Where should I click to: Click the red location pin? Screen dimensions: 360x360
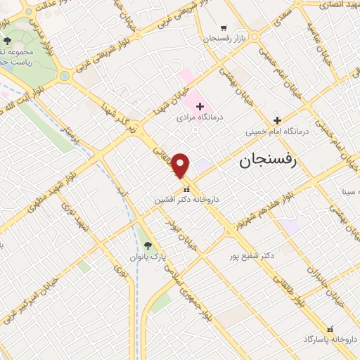181,165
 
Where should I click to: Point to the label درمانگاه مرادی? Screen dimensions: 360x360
200,118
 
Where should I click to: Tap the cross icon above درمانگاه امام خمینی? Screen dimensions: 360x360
278,120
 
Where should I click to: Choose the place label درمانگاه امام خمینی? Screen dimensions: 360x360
278,131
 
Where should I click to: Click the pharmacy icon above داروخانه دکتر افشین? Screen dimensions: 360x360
186,189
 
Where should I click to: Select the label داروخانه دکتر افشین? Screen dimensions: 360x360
187,200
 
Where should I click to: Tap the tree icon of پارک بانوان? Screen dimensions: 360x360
147,245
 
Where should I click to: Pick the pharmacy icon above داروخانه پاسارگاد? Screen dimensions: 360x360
330,328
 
